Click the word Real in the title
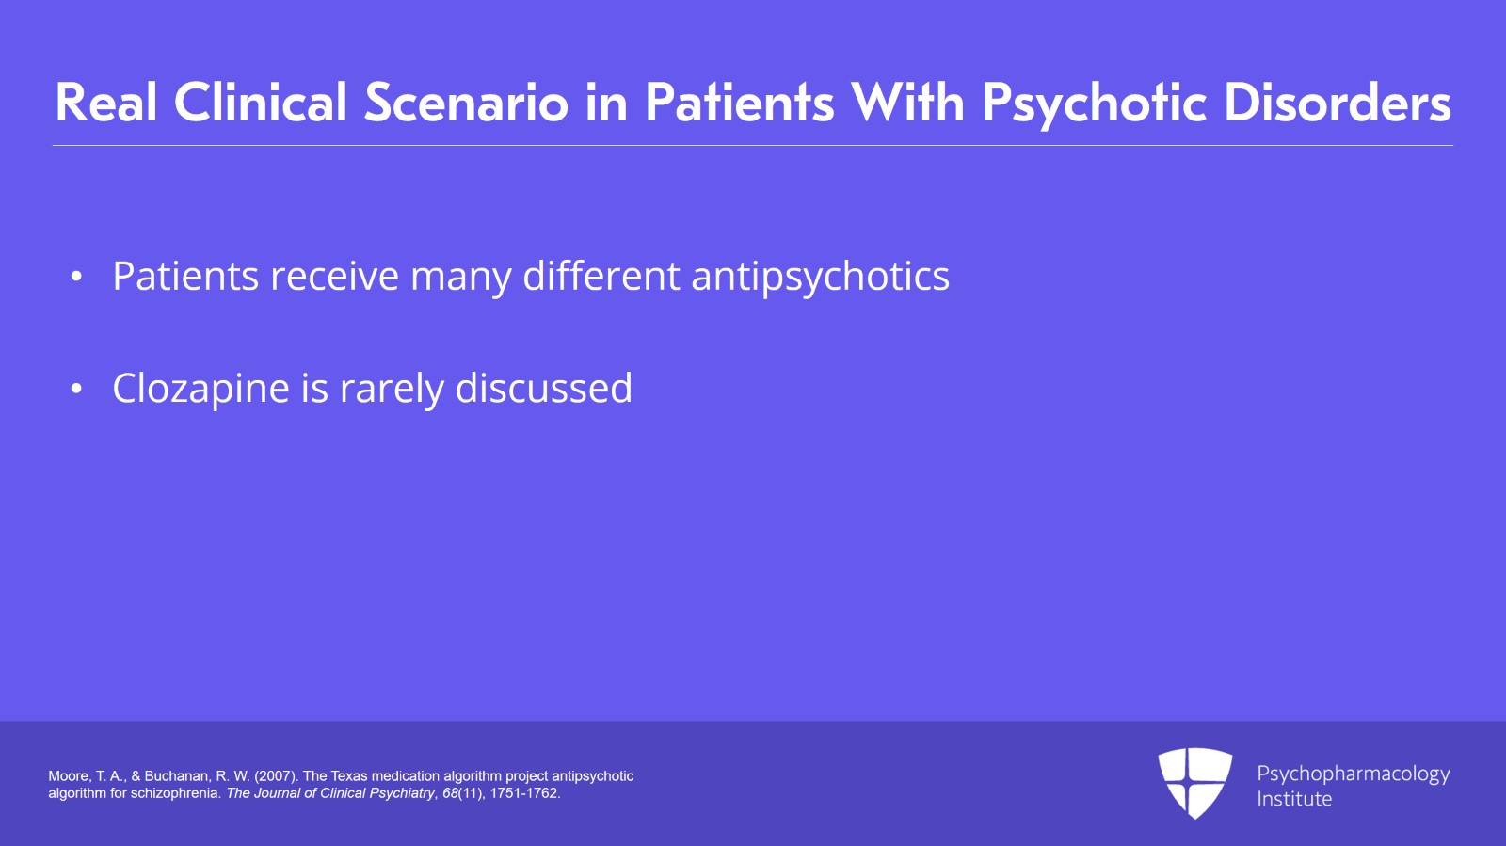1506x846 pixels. coord(106,103)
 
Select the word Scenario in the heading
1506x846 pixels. coord(466,103)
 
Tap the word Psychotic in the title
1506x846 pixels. coord(1094,103)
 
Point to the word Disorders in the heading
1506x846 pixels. coord(1337,103)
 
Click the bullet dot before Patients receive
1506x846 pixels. coord(77,277)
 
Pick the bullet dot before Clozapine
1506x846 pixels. coord(77,389)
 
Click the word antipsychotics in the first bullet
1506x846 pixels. coord(820,277)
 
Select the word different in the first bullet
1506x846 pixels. coord(601,276)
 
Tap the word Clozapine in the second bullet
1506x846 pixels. coord(200,389)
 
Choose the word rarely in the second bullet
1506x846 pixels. coord(392,389)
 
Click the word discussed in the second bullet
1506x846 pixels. coord(543,388)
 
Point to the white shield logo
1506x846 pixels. coord(1194,782)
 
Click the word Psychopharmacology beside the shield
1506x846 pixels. coord(1353,774)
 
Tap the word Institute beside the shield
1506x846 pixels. coord(1294,799)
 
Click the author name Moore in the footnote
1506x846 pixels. coord(68,776)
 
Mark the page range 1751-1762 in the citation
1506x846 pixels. coord(524,793)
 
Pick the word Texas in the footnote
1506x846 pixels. coord(348,776)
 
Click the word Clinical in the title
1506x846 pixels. coord(261,103)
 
